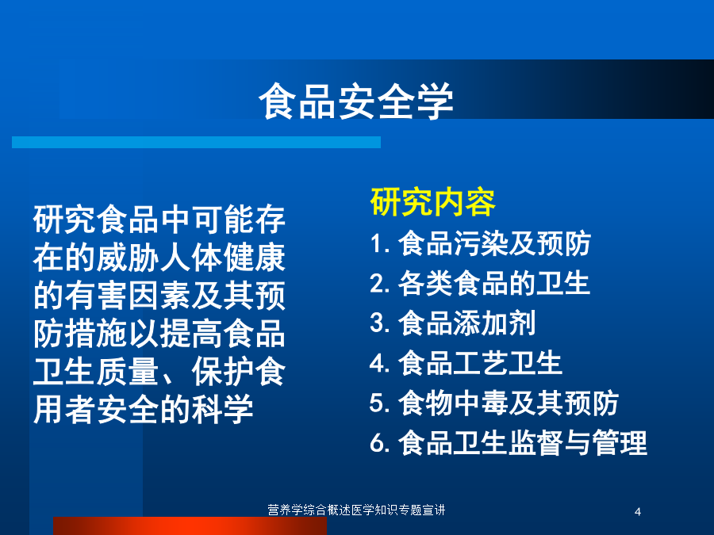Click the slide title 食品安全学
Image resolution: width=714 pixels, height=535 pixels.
(356, 101)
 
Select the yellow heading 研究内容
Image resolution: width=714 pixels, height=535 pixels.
(432, 202)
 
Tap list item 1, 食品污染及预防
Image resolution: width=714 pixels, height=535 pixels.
(481, 243)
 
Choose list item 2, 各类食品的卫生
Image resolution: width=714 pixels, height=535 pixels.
(480, 283)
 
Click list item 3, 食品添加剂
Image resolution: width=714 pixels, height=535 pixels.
(453, 323)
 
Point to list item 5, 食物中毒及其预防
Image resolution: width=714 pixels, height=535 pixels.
(494, 403)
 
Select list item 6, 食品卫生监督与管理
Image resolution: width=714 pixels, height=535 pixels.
(509, 442)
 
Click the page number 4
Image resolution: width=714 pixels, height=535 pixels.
(638, 512)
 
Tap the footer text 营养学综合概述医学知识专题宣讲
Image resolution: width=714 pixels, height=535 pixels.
(356, 510)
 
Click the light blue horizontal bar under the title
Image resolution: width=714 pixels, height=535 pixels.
(196, 142)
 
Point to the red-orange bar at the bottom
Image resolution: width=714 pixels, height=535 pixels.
(190, 526)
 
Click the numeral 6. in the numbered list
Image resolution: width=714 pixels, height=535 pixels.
(380, 442)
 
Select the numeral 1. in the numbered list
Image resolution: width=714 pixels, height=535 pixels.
(380, 244)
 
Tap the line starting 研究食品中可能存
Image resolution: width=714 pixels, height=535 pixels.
(159, 220)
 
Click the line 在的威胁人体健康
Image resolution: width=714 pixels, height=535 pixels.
(159, 258)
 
